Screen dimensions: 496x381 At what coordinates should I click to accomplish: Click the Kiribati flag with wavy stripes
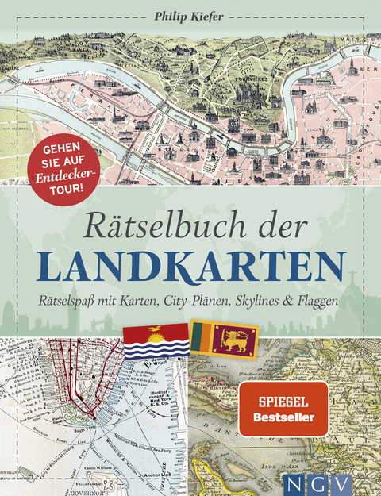tap(156, 342)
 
